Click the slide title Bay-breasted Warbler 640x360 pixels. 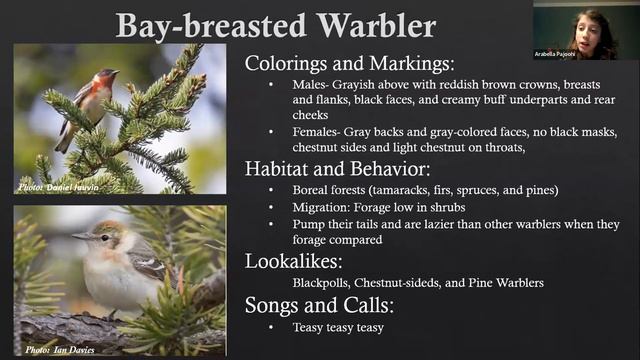tap(276, 24)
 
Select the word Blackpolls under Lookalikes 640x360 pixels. tap(324, 282)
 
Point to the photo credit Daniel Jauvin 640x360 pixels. tap(60, 186)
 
